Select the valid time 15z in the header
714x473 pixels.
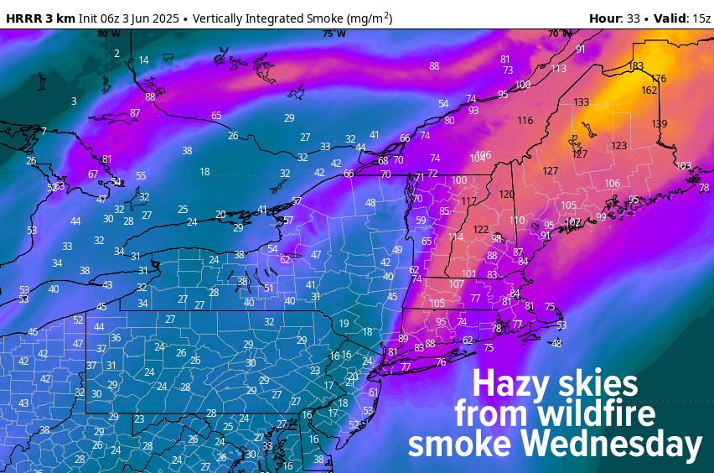pos(701,18)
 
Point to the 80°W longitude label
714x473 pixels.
pos(108,34)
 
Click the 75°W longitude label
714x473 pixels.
pos(334,34)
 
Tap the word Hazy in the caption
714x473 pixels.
pos(510,384)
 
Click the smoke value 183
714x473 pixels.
pos(636,66)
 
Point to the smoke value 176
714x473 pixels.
pos(659,79)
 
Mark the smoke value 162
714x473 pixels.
pos(649,91)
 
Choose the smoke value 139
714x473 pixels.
pos(660,124)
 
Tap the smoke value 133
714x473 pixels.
pos(582,102)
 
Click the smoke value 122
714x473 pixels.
pos(480,229)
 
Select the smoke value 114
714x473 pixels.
pos(456,237)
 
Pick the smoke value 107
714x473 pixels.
pos(457,284)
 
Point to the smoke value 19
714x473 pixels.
pos(344,324)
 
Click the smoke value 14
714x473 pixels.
pos(143,60)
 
